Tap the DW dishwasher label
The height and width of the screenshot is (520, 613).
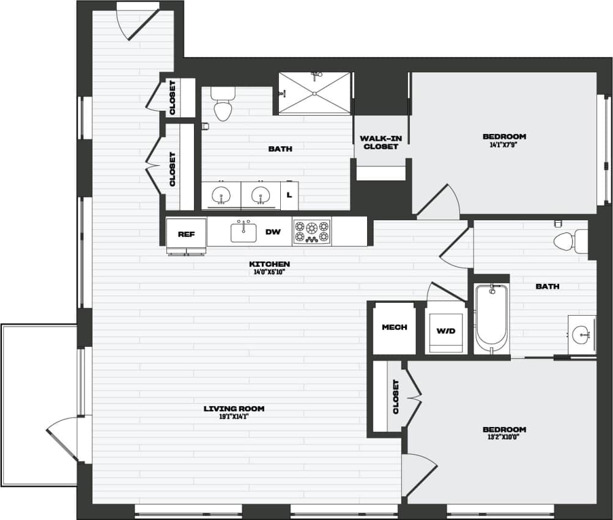point(273,232)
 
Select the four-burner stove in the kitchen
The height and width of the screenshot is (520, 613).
point(312,232)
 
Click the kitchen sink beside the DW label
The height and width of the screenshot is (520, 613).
point(243,232)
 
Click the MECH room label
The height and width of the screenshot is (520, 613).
point(395,327)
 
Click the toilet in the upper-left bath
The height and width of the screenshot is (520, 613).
point(223,105)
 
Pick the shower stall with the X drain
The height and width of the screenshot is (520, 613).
point(315,93)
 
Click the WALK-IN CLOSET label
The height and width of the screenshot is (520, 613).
point(380,143)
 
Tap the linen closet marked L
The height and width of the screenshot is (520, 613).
point(289,195)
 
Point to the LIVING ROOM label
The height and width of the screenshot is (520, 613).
point(234,409)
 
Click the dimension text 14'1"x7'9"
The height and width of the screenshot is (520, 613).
point(504,145)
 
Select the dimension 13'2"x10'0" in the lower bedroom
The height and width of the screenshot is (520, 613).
point(504,437)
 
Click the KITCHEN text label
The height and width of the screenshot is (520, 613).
point(269,264)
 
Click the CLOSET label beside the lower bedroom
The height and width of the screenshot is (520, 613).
point(396,396)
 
